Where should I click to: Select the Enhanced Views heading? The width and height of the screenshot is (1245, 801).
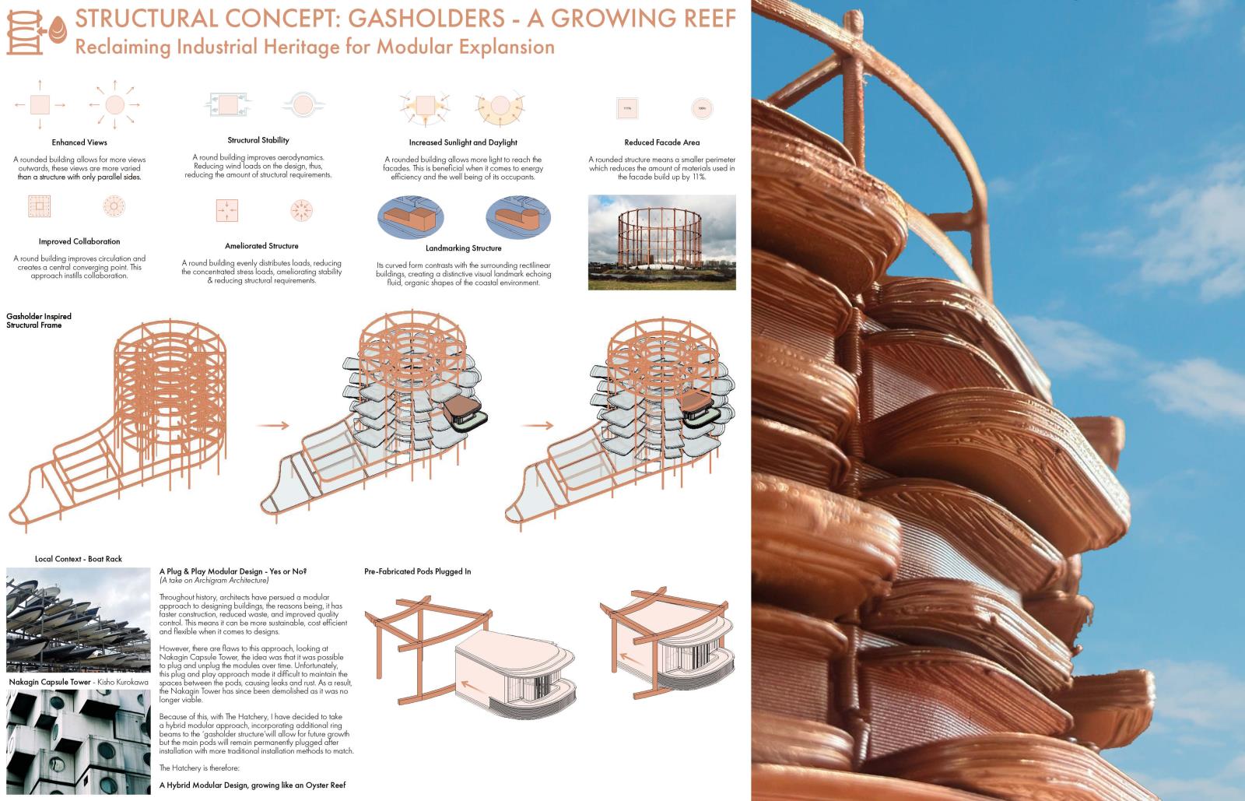tap(79, 142)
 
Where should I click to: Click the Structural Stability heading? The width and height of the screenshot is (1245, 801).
tap(258, 140)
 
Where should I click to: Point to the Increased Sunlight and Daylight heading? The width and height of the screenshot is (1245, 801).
tap(463, 142)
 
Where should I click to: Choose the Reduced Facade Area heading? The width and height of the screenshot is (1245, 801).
tap(661, 142)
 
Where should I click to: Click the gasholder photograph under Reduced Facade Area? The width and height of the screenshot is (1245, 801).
tap(661, 242)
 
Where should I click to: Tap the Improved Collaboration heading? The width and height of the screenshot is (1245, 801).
tap(79, 241)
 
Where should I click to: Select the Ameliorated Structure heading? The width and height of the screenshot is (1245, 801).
tap(261, 246)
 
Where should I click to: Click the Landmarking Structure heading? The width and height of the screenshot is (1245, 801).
tap(464, 248)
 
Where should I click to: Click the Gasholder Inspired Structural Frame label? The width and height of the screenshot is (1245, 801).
tap(39, 321)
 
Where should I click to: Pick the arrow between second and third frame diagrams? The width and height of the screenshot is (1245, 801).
tap(538, 426)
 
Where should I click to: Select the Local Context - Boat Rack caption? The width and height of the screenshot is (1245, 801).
tap(79, 559)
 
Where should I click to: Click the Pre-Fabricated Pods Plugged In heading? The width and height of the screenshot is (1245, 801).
tap(418, 571)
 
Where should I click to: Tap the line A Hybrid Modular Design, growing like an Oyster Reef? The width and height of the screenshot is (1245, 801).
tap(252, 785)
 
